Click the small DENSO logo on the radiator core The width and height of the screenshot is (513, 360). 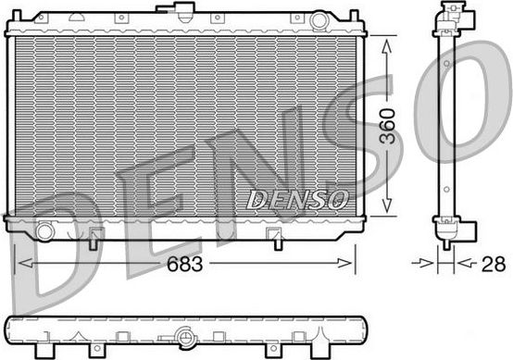(x=297, y=198)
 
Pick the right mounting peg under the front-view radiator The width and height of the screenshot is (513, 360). (x=275, y=242)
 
